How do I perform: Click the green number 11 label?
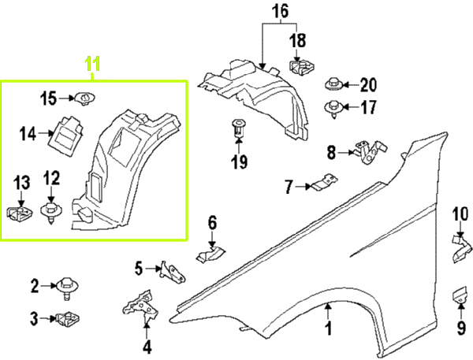click(93, 65)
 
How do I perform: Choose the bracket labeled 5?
click(174, 271)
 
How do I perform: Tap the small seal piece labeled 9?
click(460, 299)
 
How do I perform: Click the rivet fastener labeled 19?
click(238, 129)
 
